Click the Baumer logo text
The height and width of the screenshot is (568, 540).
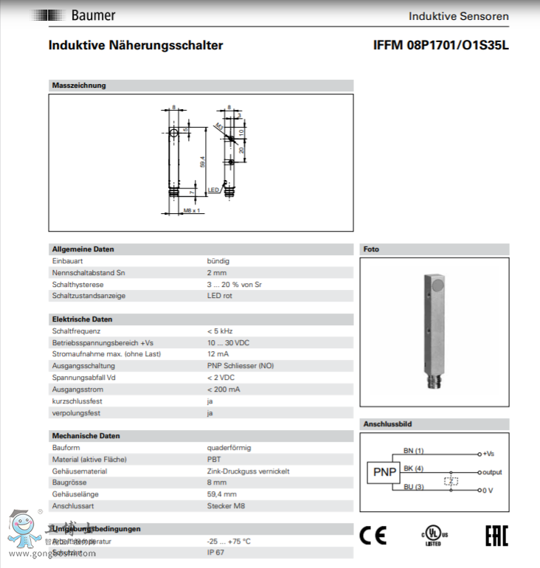[x=93, y=15]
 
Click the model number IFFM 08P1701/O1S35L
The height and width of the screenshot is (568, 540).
[x=441, y=46]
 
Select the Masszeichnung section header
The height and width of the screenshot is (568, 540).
[x=79, y=86]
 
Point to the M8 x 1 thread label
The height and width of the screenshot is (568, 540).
[x=192, y=211]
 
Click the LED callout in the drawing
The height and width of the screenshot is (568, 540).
[x=213, y=190]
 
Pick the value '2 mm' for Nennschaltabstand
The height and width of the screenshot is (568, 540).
[x=217, y=273]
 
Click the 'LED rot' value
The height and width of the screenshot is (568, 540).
[x=220, y=296]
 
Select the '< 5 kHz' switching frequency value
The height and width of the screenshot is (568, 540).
[x=221, y=331]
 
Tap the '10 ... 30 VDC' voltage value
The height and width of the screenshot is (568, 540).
[x=228, y=343]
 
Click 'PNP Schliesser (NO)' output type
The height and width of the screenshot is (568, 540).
[x=240, y=366]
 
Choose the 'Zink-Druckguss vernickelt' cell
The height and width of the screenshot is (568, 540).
[x=248, y=471]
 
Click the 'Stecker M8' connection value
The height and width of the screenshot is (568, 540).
[x=225, y=506]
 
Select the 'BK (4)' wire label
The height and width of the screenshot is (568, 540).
[x=413, y=468]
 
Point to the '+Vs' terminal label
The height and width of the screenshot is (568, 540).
[x=488, y=454]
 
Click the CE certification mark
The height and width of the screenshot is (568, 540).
[x=373, y=536]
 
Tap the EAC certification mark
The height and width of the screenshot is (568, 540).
[x=496, y=536]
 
